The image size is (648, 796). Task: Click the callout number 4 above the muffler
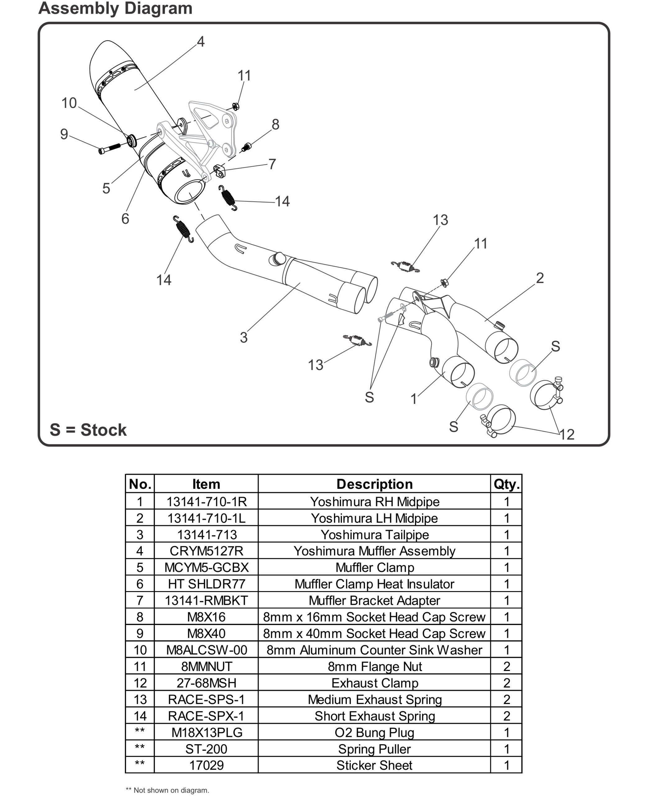pyautogui.click(x=200, y=41)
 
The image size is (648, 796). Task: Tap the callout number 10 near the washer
pyautogui.click(x=69, y=103)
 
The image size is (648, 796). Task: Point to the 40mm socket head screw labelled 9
pyautogui.click(x=109, y=148)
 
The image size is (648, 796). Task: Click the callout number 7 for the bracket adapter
pyautogui.click(x=272, y=164)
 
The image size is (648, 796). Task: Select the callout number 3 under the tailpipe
pyautogui.click(x=243, y=338)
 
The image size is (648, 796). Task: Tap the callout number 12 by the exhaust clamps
pyautogui.click(x=567, y=434)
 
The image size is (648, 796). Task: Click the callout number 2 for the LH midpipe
pyautogui.click(x=540, y=278)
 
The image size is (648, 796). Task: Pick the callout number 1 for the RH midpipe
pyautogui.click(x=413, y=399)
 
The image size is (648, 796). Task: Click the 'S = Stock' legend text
pyautogui.click(x=88, y=430)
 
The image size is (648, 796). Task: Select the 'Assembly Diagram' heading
pyautogui.click(x=115, y=8)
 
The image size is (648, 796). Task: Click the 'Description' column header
pyautogui.click(x=374, y=484)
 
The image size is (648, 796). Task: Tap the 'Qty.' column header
pyautogui.click(x=506, y=484)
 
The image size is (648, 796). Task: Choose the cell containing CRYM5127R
pyautogui.click(x=206, y=551)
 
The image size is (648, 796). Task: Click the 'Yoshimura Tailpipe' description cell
pyautogui.click(x=374, y=535)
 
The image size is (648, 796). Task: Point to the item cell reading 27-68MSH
pyautogui.click(x=206, y=683)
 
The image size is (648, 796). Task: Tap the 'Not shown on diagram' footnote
pyautogui.click(x=168, y=790)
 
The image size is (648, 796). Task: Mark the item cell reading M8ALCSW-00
pyautogui.click(x=206, y=650)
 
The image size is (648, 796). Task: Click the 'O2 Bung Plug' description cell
pyautogui.click(x=374, y=733)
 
